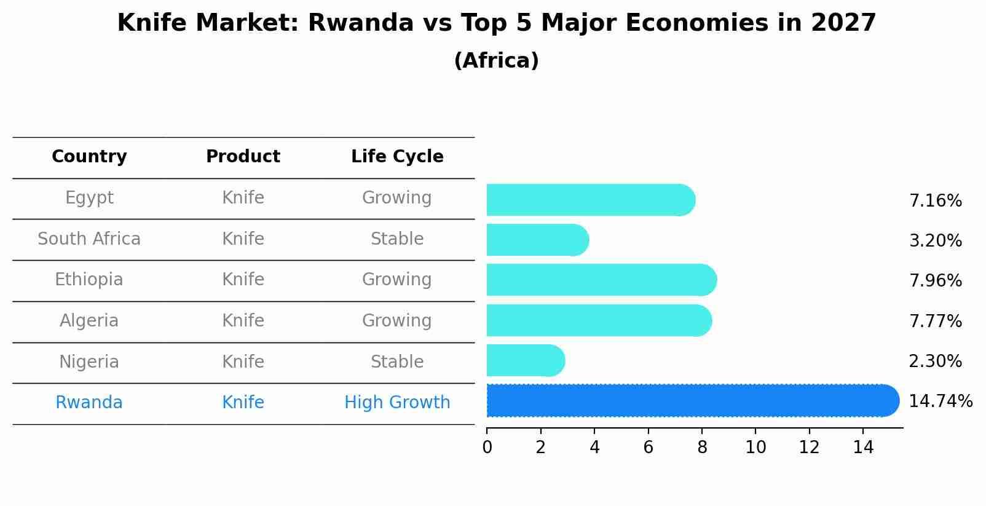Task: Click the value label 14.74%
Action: [941, 401]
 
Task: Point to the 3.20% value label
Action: [935, 241]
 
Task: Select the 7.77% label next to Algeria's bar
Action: [935, 321]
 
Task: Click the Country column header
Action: [89, 157]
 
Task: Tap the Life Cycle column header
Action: [397, 157]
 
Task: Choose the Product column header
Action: [243, 157]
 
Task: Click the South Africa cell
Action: [89, 239]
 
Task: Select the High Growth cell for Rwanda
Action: [397, 403]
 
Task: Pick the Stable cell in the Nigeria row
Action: [397, 362]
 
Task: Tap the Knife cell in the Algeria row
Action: [243, 321]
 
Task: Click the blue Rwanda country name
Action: [89, 403]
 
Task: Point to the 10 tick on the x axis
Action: [755, 448]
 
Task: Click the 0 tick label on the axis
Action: [487, 448]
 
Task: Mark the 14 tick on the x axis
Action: [863, 448]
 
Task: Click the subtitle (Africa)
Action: [496, 61]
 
